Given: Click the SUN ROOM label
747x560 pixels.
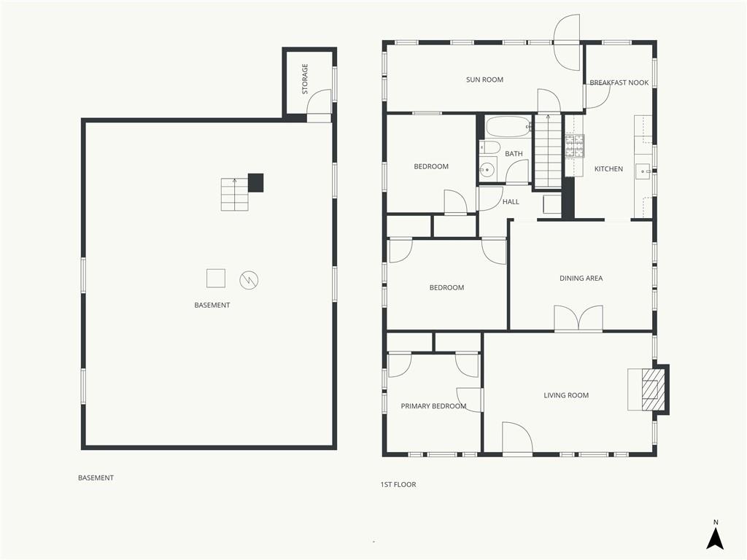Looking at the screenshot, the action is point(484,79).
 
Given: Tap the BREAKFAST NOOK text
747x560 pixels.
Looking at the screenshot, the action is point(619,82).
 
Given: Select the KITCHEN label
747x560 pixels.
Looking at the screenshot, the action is point(608,168).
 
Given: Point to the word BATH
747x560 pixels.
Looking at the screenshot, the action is point(514,153).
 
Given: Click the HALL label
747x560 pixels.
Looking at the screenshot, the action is point(511,201).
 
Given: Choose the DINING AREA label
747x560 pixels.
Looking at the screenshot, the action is point(581,278).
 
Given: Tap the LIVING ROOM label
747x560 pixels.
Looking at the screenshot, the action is point(566,394).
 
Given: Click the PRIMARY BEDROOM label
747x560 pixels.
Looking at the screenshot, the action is point(433,405).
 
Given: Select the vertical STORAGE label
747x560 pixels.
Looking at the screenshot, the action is point(305,79).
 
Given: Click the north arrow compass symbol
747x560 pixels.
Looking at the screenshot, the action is point(715,539).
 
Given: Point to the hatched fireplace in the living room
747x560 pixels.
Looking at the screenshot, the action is point(650,389).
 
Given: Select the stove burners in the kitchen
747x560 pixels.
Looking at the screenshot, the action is point(575,146).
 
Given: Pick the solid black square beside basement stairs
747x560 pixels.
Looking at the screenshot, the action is point(256,183).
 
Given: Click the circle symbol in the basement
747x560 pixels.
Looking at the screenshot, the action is point(249,280).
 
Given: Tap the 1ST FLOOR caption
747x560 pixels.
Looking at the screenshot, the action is point(398,484).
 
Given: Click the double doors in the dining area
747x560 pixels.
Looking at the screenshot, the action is point(578,318).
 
